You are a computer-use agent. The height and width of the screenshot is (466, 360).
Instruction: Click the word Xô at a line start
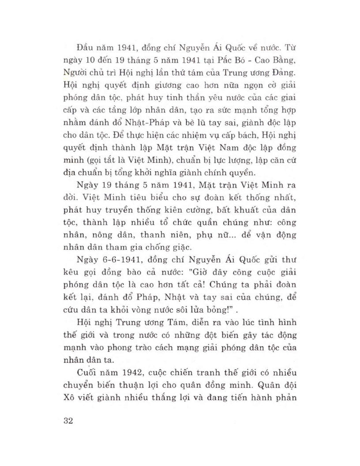70,392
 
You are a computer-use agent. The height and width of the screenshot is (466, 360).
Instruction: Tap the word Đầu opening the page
85,46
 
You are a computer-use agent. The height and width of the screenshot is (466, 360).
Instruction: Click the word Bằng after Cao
281,59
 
